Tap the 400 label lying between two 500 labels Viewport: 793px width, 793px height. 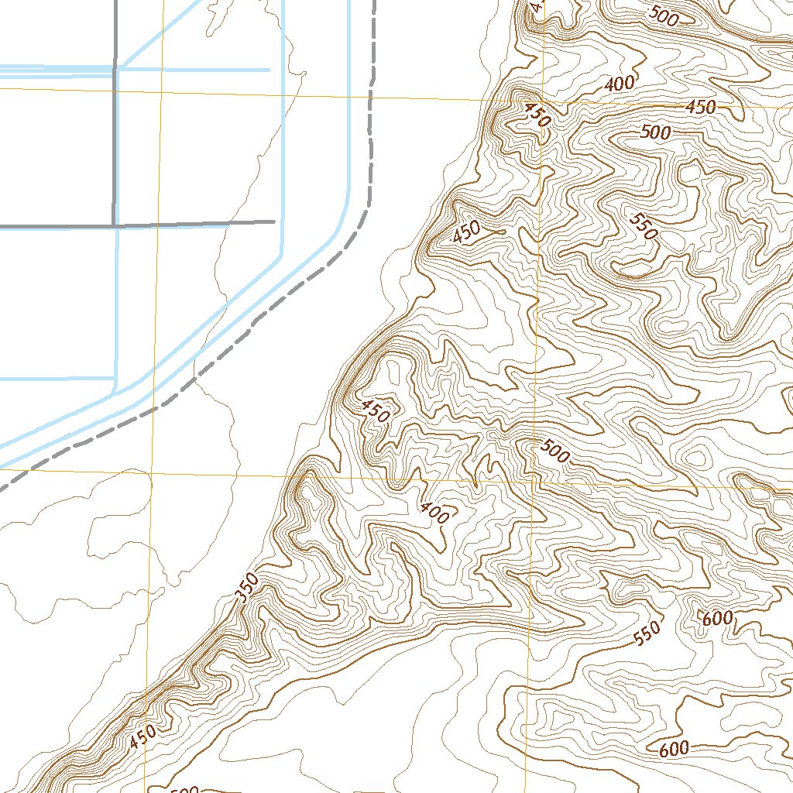[x=620, y=84]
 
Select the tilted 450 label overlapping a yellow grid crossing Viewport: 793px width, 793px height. [x=537, y=115]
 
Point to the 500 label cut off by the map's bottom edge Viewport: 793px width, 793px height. [x=184, y=789]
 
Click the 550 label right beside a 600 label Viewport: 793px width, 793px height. [x=647, y=633]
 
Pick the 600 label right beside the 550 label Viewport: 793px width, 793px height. [x=717, y=618]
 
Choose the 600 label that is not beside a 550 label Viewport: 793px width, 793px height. [x=674, y=750]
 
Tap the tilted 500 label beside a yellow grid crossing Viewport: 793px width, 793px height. [x=555, y=451]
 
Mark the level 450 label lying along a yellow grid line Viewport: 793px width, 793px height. [x=700, y=108]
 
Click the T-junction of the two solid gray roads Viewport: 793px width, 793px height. [x=115, y=225]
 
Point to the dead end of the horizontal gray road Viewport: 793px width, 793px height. [x=275, y=221]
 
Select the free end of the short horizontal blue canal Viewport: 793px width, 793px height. [x=269, y=70]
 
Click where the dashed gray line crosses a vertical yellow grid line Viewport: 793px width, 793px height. [x=155, y=403]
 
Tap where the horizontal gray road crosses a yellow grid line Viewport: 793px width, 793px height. [x=157, y=225]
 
